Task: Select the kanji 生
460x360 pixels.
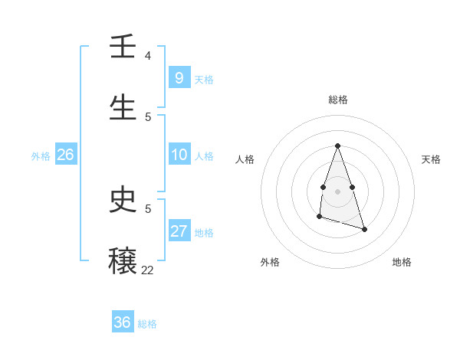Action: point(123,108)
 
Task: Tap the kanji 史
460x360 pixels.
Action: point(123,201)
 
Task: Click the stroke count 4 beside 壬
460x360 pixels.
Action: point(148,56)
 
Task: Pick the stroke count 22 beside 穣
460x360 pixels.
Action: point(147,270)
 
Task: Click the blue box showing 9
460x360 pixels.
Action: point(179,77)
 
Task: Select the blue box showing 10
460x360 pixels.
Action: point(179,155)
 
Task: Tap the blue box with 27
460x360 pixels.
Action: point(179,231)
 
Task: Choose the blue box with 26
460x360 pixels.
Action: point(65,155)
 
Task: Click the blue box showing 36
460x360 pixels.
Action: point(123,322)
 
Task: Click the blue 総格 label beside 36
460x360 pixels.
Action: point(147,324)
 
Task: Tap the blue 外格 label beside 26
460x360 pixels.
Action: point(41,156)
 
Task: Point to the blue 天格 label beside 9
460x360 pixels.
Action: point(203,79)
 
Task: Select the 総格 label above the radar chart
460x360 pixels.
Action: point(337,100)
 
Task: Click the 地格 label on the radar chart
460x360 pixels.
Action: point(402,262)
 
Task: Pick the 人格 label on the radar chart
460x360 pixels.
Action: point(245,159)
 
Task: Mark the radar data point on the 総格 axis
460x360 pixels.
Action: point(337,146)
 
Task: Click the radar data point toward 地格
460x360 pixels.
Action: point(364,229)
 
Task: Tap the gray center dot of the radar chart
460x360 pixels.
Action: point(337,190)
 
